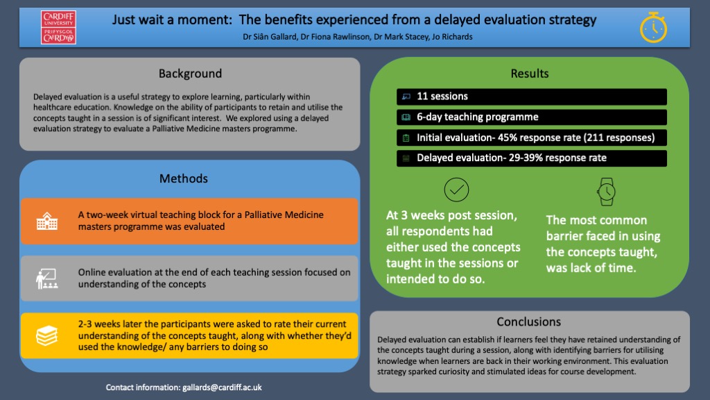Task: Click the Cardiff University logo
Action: tap(58, 27)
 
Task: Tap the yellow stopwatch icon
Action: tap(653, 28)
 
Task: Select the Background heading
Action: tap(190, 74)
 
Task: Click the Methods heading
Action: tap(183, 178)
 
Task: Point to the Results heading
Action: tap(529, 74)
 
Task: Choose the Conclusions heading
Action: tap(529, 322)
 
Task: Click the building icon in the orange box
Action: tap(47, 222)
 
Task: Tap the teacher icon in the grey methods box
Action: tap(47, 278)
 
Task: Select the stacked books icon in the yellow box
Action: tap(47, 335)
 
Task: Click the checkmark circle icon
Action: tap(456, 190)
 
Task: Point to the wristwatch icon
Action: tap(606, 192)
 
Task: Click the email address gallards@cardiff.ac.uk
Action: tap(222, 387)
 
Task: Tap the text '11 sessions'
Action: tap(442, 96)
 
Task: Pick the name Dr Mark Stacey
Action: tap(401, 37)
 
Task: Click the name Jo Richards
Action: tap(452, 37)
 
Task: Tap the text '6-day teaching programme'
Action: tap(478, 117)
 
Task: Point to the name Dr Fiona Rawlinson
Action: tap(335, 37)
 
